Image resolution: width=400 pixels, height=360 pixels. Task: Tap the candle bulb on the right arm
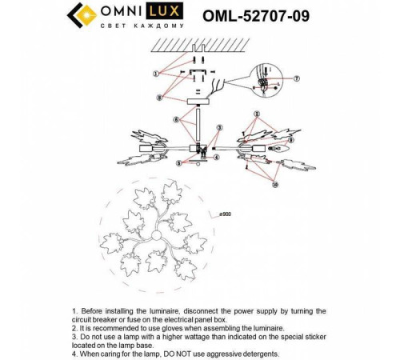tap(281, 151)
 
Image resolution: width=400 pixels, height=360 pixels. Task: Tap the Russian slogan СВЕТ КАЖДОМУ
tap(128, 26)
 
